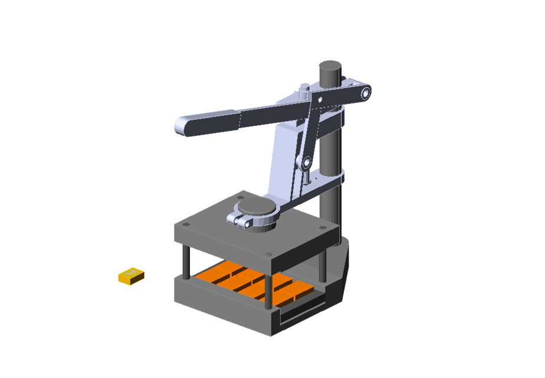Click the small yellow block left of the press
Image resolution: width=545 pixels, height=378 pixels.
[131, 276]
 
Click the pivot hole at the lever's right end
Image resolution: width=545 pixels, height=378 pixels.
[366, 93]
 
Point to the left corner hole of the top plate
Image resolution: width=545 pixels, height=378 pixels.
[186, 224]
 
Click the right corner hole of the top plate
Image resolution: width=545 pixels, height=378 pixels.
[322, 228]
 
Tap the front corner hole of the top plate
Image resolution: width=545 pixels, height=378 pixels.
[269, 253]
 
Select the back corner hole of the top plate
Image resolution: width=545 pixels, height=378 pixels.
[241, 197]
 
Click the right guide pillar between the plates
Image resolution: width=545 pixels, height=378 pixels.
[322, 266]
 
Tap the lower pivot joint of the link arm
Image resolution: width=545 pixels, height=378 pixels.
[307, 162]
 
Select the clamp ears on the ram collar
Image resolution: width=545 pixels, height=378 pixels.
[239, 221]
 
